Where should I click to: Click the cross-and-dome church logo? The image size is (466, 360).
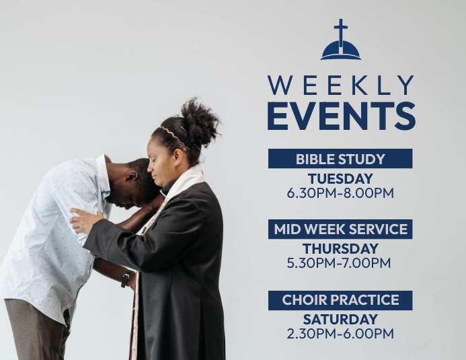pos(340,42)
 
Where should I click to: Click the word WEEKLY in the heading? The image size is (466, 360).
pos(340,85)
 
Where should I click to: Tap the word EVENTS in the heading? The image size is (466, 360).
pos(340,115)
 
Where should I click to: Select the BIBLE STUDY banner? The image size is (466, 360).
pos(340,159)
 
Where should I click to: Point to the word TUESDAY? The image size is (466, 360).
pos(340,179)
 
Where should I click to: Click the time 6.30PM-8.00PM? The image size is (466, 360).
pos(340,193)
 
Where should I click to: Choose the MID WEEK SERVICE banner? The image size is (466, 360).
pos(340,229)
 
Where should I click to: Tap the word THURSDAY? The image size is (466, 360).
pos(340,249)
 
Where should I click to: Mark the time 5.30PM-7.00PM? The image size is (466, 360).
pos(339,263)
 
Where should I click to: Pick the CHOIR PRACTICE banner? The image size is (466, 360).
pos(340,300)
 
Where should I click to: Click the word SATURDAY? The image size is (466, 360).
pos(340,320)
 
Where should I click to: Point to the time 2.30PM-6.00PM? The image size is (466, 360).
pos(340,334)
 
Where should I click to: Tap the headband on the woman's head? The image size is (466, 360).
pos(173,134)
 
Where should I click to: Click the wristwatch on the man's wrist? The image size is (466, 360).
pos(125,279)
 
